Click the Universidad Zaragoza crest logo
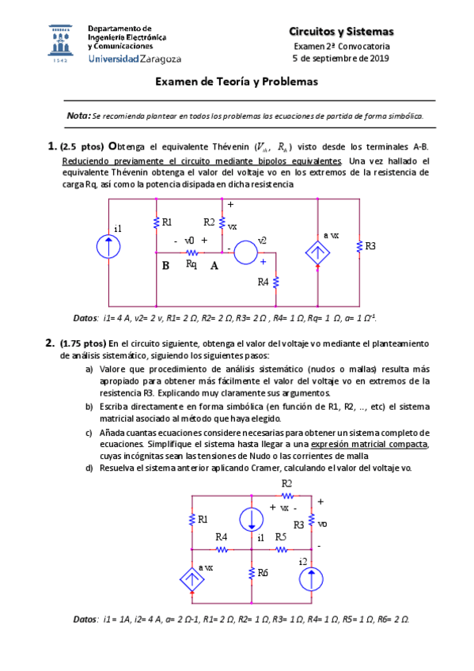coord(62,44)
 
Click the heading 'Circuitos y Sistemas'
coord(340,32)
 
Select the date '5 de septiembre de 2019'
coord(340,59)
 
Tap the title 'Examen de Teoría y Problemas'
coord(236,82)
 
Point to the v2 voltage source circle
coord(245,252)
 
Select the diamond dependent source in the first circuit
coord(318,251)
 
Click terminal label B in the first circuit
coord(166,266)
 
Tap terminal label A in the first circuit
coord(214,266)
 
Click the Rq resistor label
coord(191,263)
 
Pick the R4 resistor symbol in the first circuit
coord(277,282)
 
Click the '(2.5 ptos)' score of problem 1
coord(82,146)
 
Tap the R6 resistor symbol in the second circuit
coord(251,572)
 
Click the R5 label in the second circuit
coord(281,537)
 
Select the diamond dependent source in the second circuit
coord(191,578)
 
